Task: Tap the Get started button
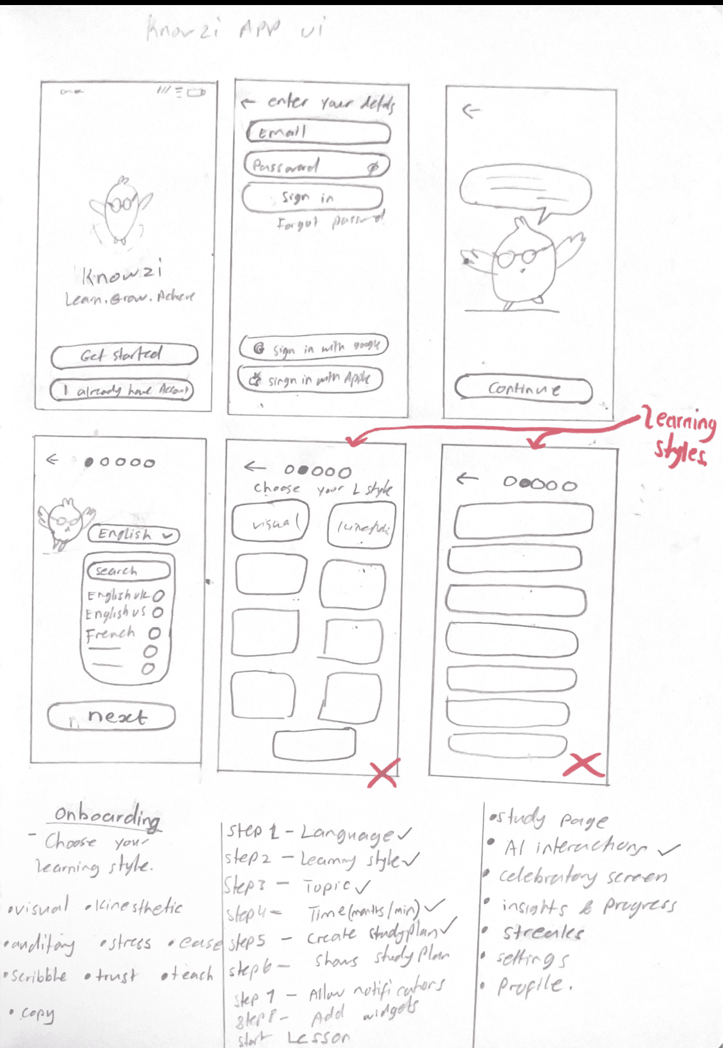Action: click(x=124, y=355)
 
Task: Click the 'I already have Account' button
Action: click(x=122, y=390)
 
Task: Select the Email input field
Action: click(x=318, y=133)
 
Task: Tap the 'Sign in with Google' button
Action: click(x=314, y=347)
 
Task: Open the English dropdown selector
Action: click(x=134, y=534)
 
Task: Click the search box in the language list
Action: click(x=128, y=570)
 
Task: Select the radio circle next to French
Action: click(x=154, y=634)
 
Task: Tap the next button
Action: click(x=111, y=716)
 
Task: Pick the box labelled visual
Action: click(x=271, y=523)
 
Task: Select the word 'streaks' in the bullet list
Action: click(x=542, y=933)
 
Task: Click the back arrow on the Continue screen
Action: click(x=471, y=111)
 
